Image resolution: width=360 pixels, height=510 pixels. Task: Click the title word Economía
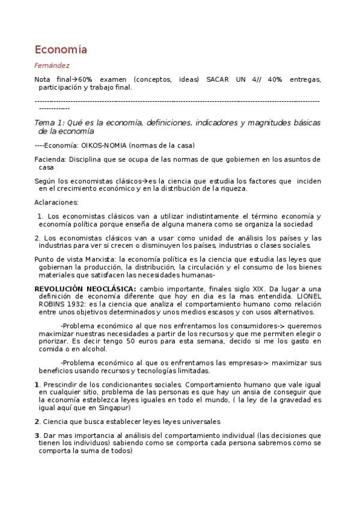point(61,49)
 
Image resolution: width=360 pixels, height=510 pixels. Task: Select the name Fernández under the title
point(52,66)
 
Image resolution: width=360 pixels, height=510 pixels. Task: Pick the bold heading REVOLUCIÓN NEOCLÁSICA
point(85,289)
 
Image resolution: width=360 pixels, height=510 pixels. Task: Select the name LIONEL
point(307,296)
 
